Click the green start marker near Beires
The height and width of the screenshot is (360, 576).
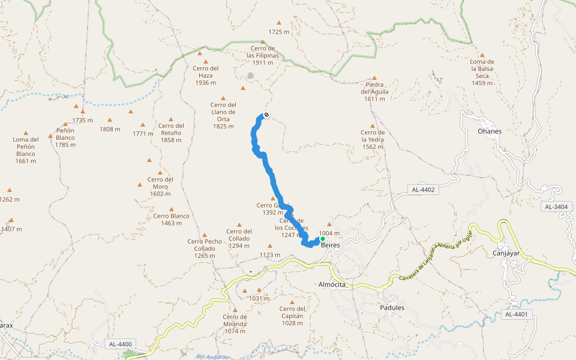point(322,239)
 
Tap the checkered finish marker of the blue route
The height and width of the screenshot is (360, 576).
point(266,115)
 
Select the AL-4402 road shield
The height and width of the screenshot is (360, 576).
point(423,190)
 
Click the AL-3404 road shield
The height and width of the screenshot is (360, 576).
point(556,206)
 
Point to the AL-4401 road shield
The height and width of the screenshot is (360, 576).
point(516,314)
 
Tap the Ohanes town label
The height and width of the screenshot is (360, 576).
point(489,131)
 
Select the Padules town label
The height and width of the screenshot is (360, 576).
point(392,308)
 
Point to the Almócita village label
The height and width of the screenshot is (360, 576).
point(332,284)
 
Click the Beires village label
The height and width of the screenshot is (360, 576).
point(331,245)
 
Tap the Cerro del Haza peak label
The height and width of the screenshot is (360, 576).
point(205,75)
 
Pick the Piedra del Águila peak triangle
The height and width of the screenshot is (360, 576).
point(374,77)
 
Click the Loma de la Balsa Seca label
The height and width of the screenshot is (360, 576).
point(482,72)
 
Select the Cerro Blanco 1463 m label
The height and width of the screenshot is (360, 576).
point(171,220)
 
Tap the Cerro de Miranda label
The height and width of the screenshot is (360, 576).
point(235,324)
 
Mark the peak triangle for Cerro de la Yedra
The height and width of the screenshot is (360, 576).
point(373,125)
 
